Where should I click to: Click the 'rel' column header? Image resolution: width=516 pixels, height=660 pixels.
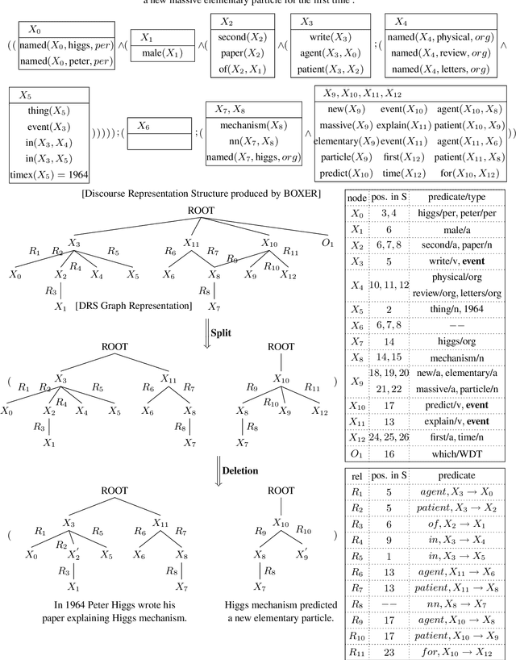pos(355,476)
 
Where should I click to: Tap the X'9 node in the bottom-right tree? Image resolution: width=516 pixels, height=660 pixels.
pos(302,554)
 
